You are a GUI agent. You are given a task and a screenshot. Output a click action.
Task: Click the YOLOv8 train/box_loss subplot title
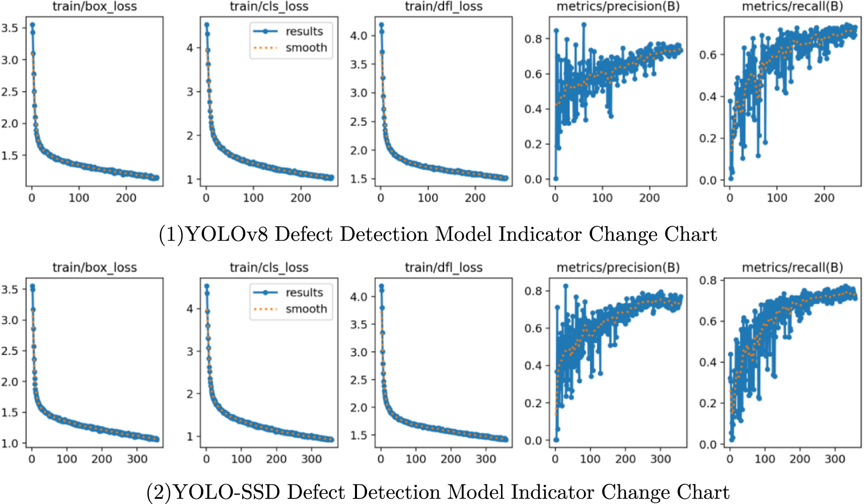click(95, 7)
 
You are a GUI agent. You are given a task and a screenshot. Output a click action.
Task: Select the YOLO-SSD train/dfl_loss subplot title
click(444, 268)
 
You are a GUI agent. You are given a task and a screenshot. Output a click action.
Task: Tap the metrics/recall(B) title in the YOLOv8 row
click(792, 7)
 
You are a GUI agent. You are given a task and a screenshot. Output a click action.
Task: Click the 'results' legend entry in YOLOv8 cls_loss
click(304, 31)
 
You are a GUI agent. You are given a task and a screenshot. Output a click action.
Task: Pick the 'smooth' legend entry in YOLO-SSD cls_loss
click(306, 309)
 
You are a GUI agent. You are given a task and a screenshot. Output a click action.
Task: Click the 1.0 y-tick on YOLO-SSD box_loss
click(10, 444)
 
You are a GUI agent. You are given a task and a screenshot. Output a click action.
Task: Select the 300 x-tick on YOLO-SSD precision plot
click(660, 459)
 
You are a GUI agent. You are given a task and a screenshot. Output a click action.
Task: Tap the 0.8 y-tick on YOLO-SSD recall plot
click(708, 280)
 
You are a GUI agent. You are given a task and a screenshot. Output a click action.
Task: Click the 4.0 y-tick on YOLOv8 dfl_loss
click(358, 36)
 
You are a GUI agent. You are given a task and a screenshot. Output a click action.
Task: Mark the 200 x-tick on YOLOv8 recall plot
click(824, 198)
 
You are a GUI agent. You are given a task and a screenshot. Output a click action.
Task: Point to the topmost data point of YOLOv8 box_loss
click(32, 25)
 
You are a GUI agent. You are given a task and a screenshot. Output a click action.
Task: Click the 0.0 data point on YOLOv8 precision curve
click(555, 179)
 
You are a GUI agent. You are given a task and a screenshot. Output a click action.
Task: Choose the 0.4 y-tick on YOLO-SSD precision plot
click(533, 365)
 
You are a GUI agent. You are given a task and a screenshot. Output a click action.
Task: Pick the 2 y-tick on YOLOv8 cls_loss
click(190, 136)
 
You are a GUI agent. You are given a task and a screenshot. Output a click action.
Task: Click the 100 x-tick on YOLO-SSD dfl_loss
click(416, 459)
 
